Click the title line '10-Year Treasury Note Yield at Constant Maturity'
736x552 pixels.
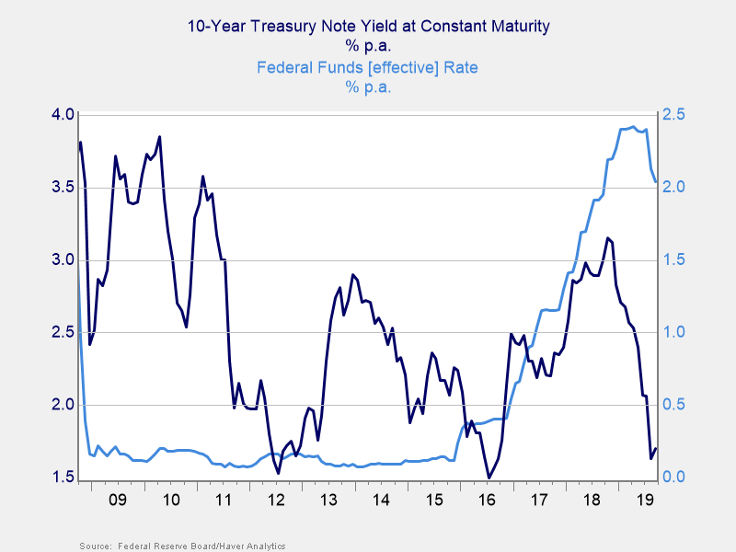368,26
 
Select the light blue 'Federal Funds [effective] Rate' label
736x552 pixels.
367,67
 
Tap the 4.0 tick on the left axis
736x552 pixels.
62,114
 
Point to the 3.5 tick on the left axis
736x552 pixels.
62,187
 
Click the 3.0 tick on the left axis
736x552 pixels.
62,259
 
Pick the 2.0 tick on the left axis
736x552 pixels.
62,405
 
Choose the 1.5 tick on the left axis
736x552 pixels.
62,477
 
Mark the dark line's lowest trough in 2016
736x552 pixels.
489,477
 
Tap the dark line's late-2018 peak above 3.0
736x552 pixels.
607,237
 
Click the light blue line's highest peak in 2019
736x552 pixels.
633,127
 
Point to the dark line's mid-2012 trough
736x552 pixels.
278,473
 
